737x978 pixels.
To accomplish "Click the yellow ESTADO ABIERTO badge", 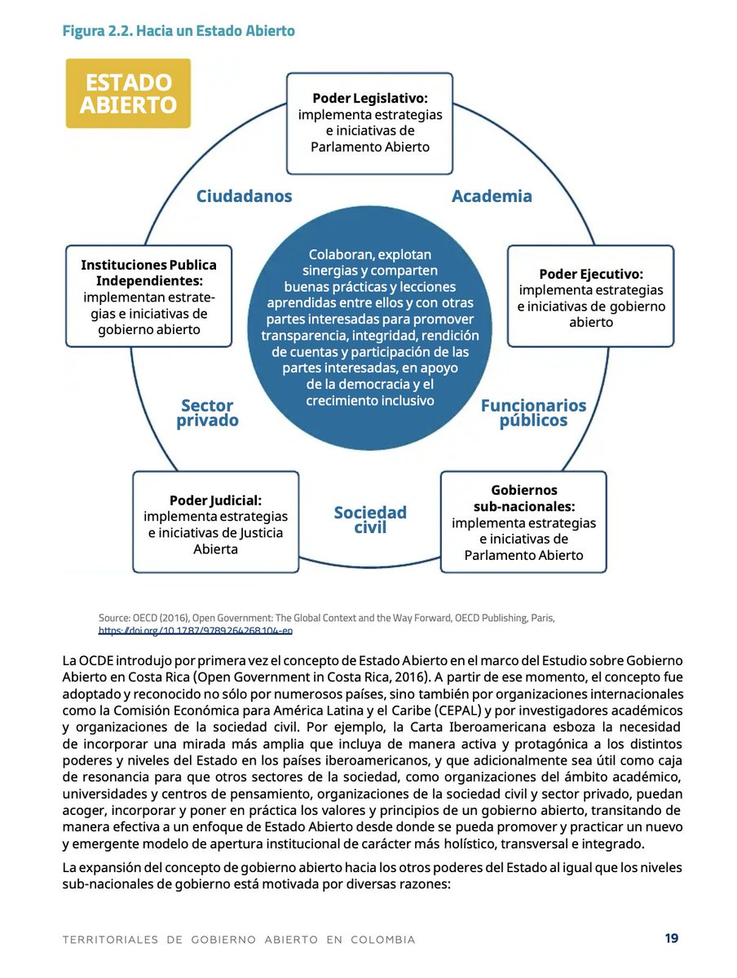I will [x=128, y=93].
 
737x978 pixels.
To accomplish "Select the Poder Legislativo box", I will [x=369, y=122].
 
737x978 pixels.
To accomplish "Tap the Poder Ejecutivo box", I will [x=590, y=297].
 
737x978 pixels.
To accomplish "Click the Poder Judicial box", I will [x=215, y=522].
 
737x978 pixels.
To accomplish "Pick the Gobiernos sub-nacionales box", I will [x=523, y=522].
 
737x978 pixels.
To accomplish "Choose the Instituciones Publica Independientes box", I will [x=148, y=297].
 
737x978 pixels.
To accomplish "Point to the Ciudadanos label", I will [x=244, y=196].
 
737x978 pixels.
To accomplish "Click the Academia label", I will [x=492, y=196].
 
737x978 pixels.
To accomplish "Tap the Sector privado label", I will [x=207, y=413].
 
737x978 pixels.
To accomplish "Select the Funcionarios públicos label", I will [x=533, y=413].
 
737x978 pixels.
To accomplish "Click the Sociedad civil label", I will [x=370, y=520].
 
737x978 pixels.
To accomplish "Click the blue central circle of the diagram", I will [x=369, y=326].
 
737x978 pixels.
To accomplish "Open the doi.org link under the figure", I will [x=196, y=631].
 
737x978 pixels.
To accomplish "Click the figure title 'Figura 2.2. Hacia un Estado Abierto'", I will [x=179, y=31].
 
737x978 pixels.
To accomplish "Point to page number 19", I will [x=671, y=938].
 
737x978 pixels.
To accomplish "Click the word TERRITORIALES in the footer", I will [x=110, y=940].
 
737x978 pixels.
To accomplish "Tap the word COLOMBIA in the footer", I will [x=382, y=940].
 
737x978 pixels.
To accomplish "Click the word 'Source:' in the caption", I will [x=116, y=618].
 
